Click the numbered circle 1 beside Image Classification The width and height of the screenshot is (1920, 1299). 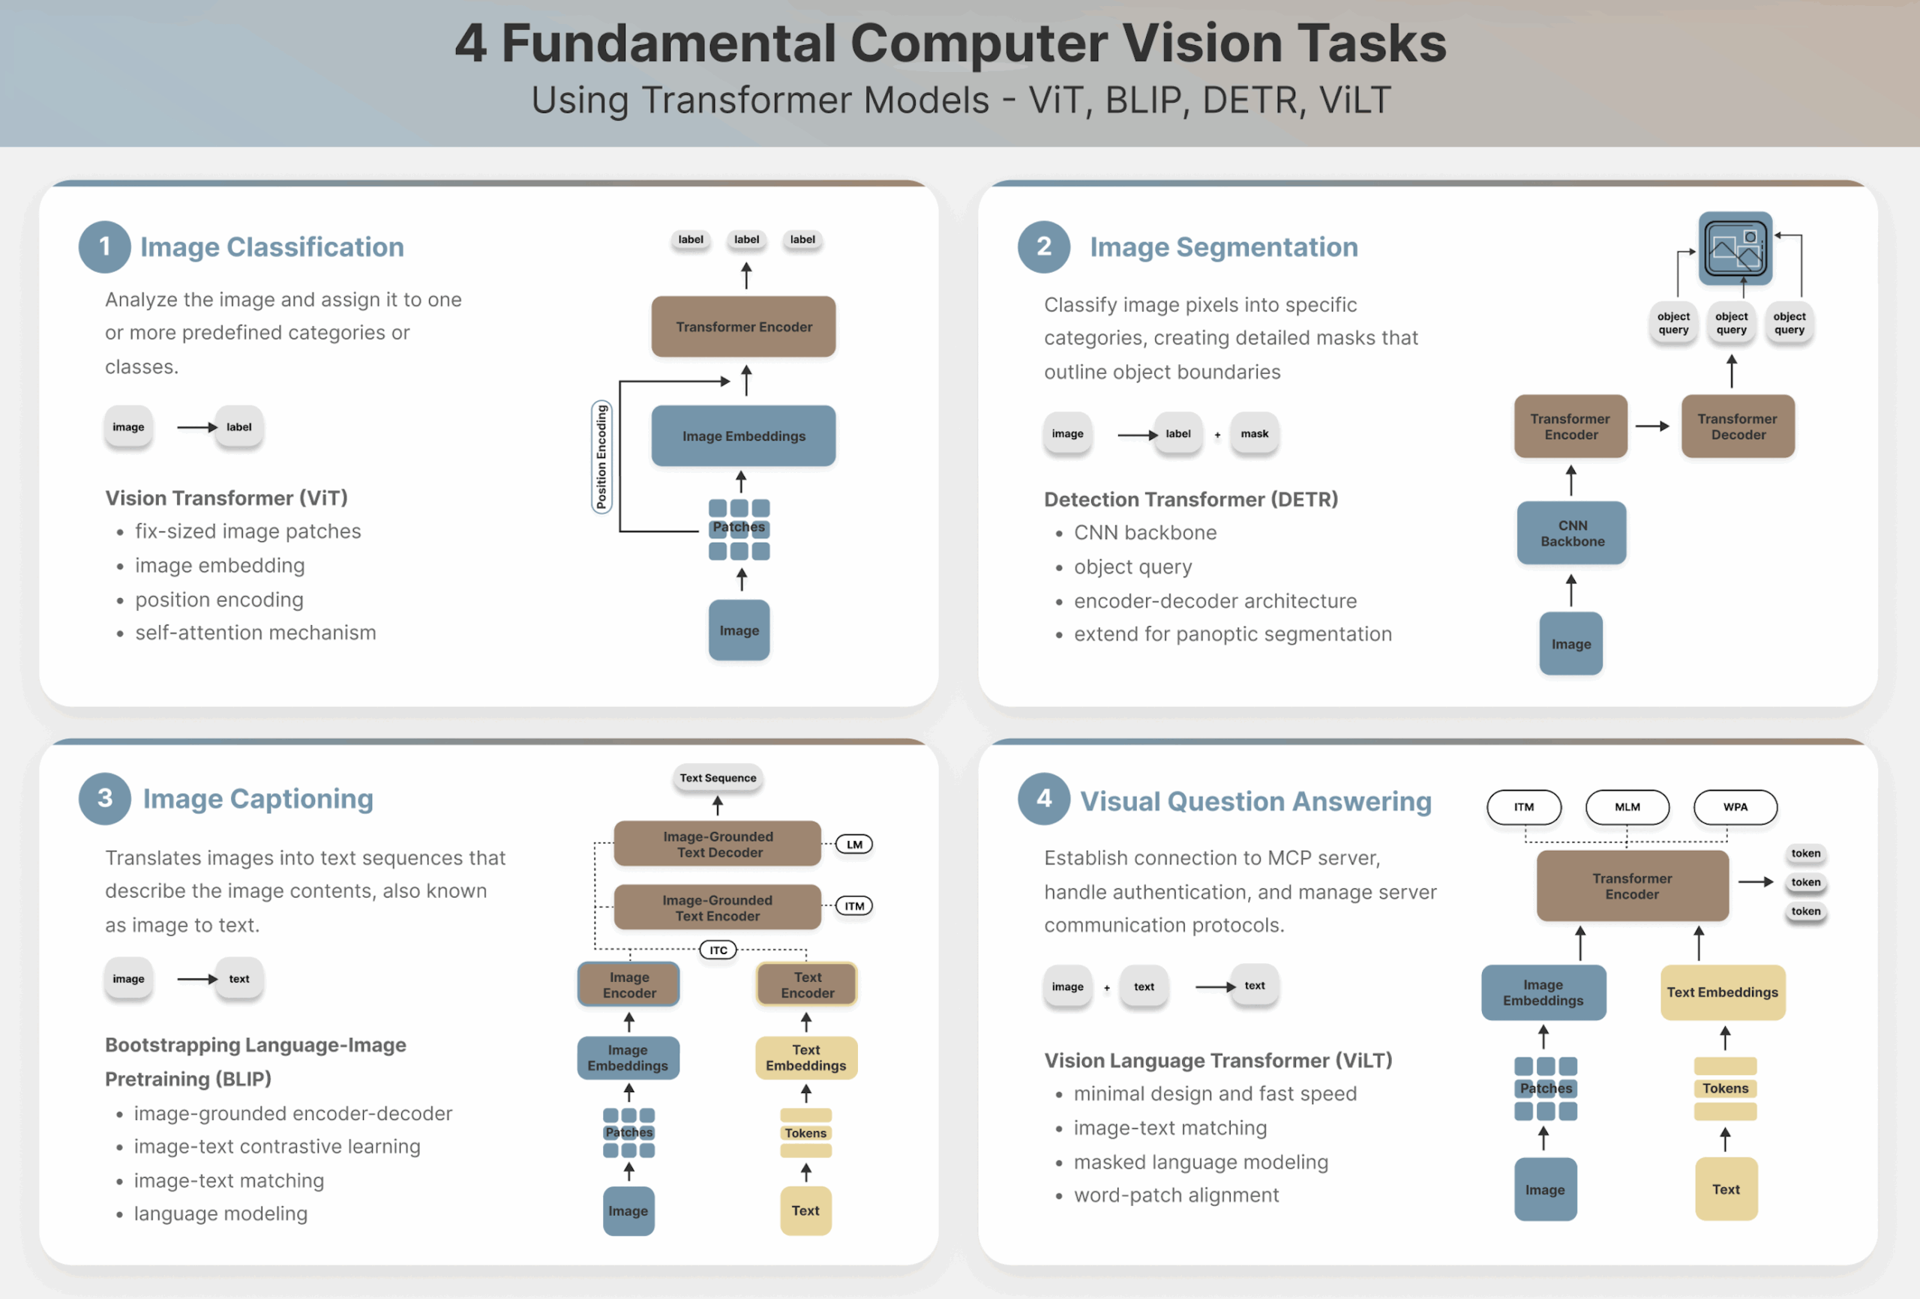[104, 247]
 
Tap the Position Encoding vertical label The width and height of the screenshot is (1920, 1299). [601, 456]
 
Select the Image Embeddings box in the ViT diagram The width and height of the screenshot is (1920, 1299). [742, 436]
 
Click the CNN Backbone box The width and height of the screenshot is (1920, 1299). [1571, 534]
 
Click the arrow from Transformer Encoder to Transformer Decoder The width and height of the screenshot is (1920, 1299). [1652, 426]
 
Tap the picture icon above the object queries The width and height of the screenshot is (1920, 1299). [1735, 248]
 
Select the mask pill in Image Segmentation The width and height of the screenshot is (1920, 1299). [1254, 433]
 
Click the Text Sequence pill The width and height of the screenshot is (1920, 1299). [717, 778]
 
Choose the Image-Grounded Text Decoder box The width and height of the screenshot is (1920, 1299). [717, 844]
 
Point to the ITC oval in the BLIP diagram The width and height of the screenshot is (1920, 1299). [718, 950]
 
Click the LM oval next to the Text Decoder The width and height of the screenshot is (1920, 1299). [854, 845]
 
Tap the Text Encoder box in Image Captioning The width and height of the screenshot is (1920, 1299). [806, 985]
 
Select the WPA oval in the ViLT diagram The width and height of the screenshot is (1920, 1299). [1735, 807]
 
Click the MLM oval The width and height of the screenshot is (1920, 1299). [1627, 807]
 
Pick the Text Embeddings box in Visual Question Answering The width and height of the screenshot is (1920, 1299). [1722, 992]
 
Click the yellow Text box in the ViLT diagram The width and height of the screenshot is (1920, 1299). [1725, 1189]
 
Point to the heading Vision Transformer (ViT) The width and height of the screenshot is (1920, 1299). [226, 498]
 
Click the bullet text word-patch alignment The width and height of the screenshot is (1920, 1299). [1176, 1195]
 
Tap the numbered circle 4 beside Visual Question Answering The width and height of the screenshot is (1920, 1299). [1043, 798]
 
